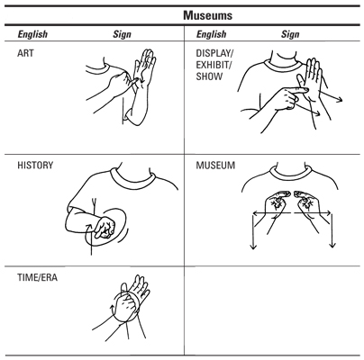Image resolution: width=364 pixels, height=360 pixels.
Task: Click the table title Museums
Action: (x=208, y=15)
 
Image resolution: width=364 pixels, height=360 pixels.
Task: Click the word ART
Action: (x=25, y=53)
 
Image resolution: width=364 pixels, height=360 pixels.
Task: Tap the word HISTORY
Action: (x=35, y=166)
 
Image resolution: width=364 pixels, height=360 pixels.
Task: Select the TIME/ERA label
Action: (x=37, y=277)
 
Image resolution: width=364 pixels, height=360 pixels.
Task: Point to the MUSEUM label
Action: (x=215, y=166)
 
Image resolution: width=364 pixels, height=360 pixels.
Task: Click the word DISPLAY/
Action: (x=214, y=53)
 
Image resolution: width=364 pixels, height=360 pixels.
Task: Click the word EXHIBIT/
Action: (x=214, y=65)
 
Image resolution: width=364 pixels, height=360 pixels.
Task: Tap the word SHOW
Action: (x=209, y=76)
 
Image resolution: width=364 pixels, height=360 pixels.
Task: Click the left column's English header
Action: (x=32, y=34)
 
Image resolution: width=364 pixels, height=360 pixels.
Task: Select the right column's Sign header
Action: (x=290, y=34)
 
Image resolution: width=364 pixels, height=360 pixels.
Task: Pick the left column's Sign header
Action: (x=122, y=34)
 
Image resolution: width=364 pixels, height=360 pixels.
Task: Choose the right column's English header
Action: (x=211, y=34)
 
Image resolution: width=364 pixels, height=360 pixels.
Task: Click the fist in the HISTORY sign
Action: (x=105, y=227)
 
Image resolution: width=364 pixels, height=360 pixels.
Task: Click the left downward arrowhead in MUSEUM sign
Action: (x=253, y=246)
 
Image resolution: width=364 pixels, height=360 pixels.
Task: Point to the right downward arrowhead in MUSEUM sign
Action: (x=332, y=245)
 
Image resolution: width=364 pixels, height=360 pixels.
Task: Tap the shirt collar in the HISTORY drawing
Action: (x=132, y=177)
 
